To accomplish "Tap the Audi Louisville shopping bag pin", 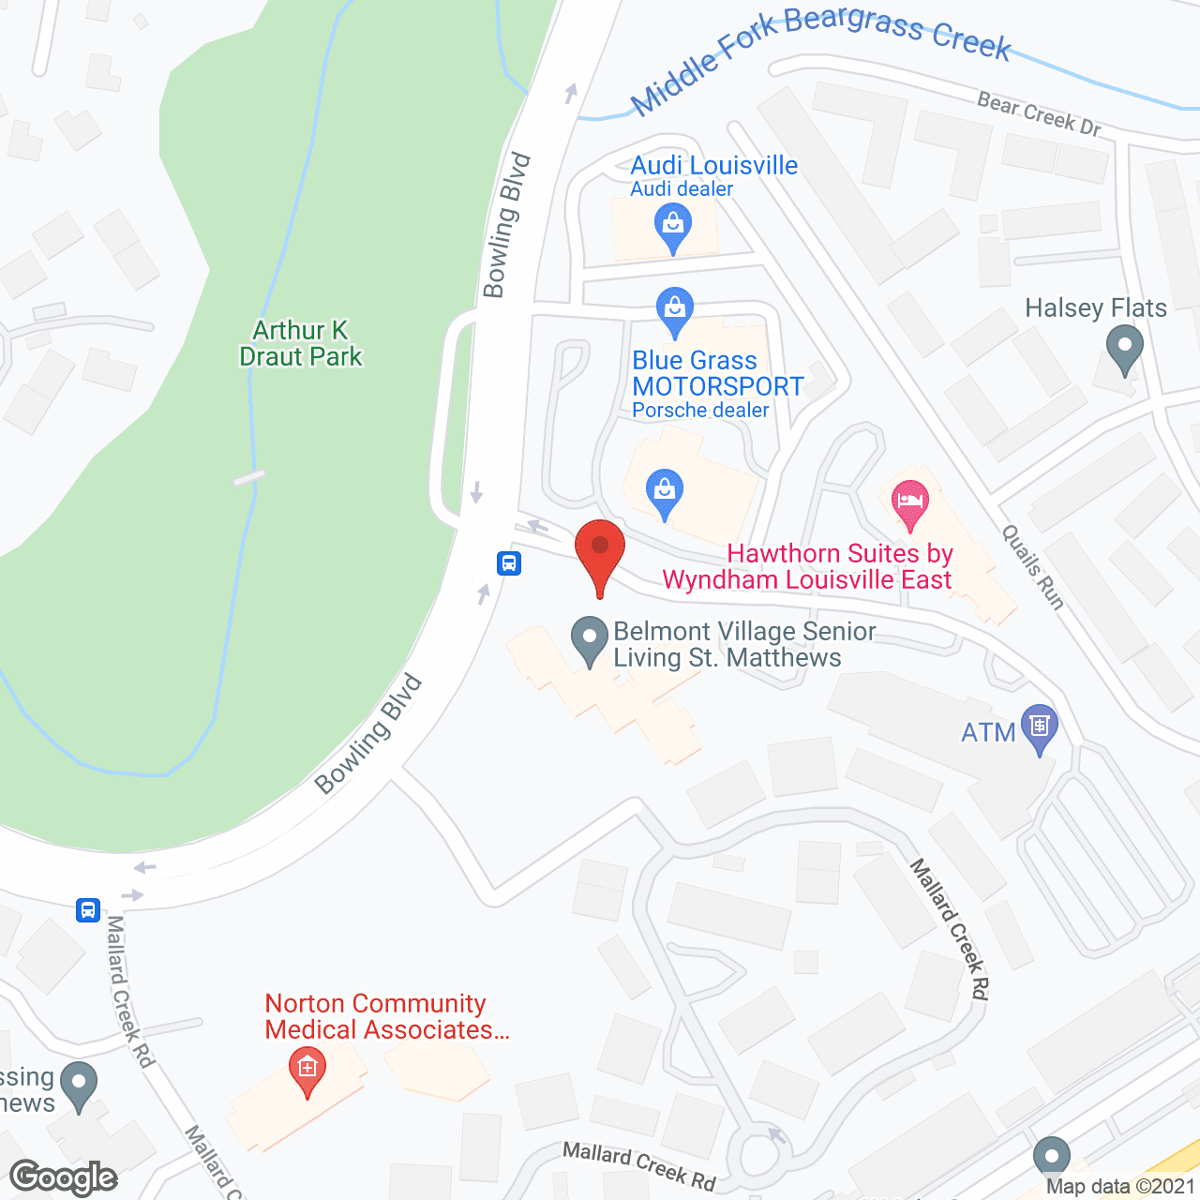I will (x=673, y=225).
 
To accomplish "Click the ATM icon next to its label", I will (x=1039, y=726).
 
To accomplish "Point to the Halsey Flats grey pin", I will (x=1124, y=350).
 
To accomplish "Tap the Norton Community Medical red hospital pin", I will (x=307, y=1069).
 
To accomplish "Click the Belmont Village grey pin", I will (x=590, y=639).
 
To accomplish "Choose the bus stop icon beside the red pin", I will (x=509, y=563).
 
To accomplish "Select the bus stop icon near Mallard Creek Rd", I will (x=88, y=909).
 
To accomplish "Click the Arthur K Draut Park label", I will (x=300, y=343).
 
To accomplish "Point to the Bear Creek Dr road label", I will (x=1039, y=114).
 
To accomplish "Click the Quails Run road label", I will (x=1033, y=567).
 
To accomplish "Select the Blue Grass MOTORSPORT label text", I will (x=717, y=373).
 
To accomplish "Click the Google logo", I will (x=64, y=1177).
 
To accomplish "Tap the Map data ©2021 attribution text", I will (x=1120, y=1186).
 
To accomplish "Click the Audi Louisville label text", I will (x=714, y=166).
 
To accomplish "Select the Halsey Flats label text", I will (x=1096, y=307).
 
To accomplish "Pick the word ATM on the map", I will (x=988, y=732).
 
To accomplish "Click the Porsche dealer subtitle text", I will (x=700, y=411).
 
